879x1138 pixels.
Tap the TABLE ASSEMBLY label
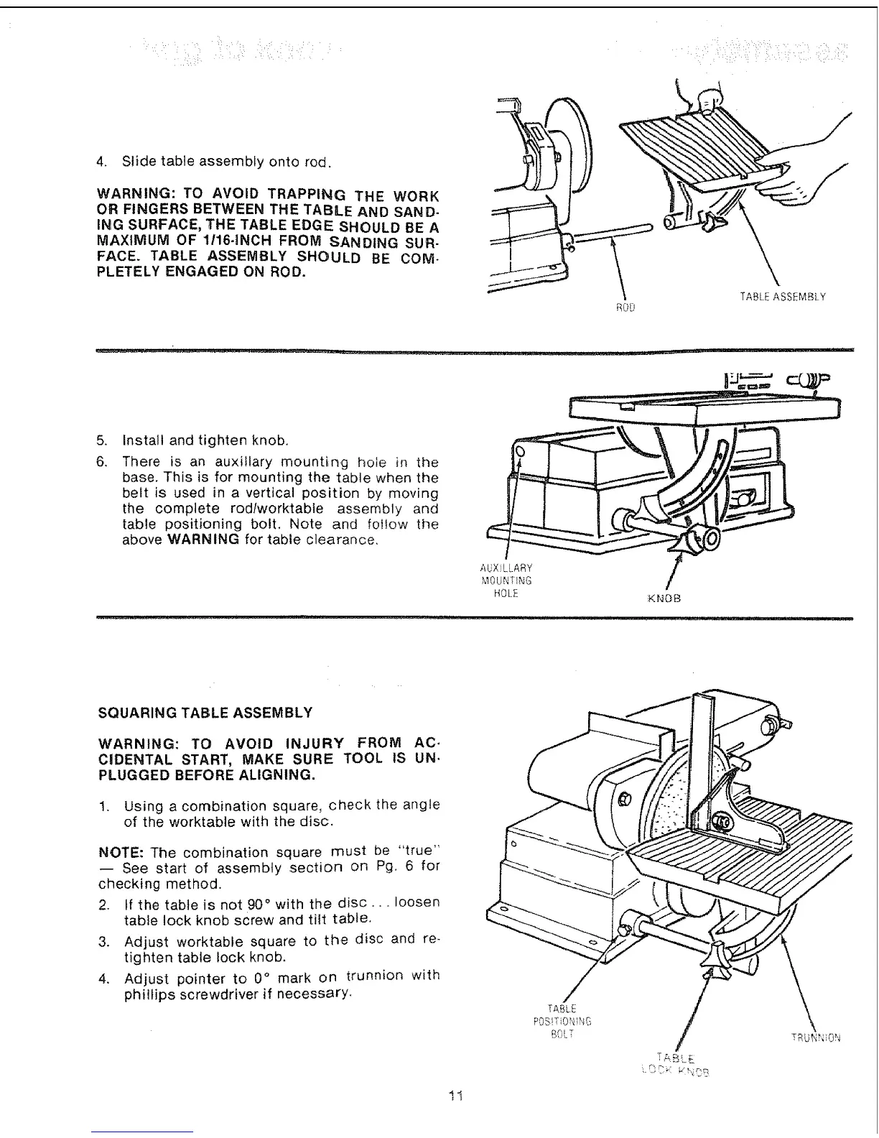click(x=782, y=296)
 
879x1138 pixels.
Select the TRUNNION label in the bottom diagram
click(x=815, y=1037)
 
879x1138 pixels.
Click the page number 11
click(x=454, y=1096)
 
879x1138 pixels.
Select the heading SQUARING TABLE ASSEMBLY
click(x=205, y=713)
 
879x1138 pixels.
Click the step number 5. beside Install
click(x=102, y=440)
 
